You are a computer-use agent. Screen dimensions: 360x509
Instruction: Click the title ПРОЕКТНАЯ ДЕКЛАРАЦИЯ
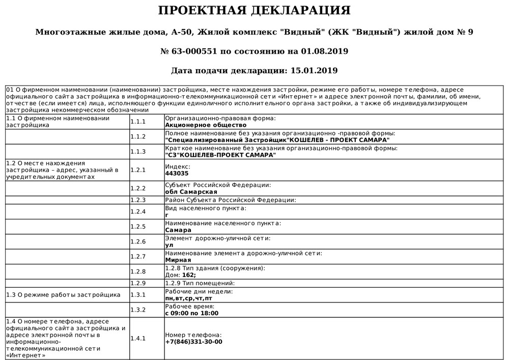254,11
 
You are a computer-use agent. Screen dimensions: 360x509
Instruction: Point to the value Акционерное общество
206,125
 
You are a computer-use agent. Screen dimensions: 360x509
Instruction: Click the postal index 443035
177,173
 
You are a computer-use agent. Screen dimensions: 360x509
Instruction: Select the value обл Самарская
191,192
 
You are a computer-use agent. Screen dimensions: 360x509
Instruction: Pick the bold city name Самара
178,230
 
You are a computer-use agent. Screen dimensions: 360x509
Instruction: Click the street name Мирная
178,260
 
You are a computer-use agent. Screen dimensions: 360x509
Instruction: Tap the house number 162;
189,275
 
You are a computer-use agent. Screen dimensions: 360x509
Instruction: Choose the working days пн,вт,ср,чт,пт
189,298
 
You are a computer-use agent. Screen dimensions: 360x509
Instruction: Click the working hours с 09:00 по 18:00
192,313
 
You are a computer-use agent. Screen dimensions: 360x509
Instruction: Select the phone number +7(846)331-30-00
194,342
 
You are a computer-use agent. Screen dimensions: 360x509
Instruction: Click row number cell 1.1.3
138,152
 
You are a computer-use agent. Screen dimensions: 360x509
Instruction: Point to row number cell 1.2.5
138,227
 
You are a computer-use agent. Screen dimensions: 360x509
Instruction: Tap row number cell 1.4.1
138,338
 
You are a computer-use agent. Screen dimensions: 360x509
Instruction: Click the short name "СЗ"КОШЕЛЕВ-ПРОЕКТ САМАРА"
221,155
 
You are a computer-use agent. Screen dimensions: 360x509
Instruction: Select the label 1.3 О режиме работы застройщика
63,294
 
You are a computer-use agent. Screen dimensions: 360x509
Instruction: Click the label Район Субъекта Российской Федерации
231,200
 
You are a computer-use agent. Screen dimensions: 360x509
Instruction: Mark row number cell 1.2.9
138,283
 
